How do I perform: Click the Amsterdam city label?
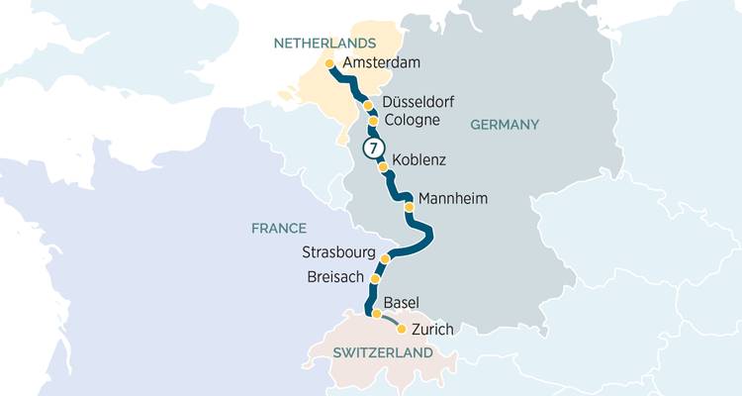pos(381,62)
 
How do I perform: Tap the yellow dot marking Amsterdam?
pos(329,63)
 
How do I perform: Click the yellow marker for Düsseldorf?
pos(368,105)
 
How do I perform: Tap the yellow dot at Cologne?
pos(373,122)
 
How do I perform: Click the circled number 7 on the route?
pos(373,148)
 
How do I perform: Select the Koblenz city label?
pos(419,159)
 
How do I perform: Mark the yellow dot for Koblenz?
pos(383,166)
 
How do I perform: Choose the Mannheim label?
pos(453,199)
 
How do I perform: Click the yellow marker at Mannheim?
pos(408,208)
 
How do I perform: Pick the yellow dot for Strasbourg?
pos(386,259)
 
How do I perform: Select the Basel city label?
pos(401,302)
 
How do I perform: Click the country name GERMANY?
pos(504,125)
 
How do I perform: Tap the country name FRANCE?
pos(278,228)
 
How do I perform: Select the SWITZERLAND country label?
pos(383,353)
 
